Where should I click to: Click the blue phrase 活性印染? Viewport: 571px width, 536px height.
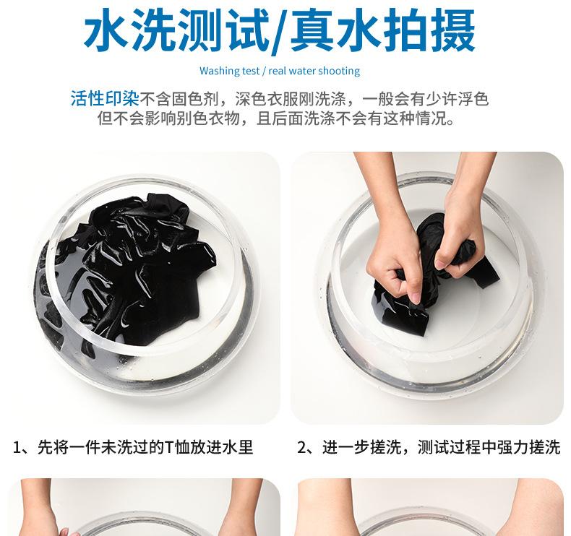click(105, 99)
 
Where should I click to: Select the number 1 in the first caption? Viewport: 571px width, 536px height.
click(17, 447)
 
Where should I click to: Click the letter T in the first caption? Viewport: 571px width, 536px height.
click(168, 447)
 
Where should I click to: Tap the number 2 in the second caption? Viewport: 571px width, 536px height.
click(301, 447)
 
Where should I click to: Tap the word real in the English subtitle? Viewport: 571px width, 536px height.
click(277, 71)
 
